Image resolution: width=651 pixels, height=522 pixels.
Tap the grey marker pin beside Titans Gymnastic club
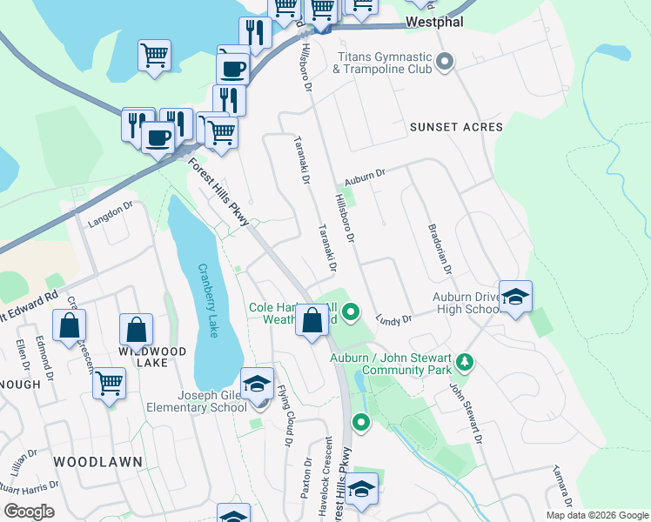click(x=446, y=61)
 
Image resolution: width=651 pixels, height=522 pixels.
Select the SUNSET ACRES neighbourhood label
click(x=456, y=127)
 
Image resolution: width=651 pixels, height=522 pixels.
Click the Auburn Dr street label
click(x=364, y=174)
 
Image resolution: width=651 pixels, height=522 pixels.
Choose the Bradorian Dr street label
click(x=439, y=250)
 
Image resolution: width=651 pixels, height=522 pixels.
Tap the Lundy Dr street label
click(x=393, y=319)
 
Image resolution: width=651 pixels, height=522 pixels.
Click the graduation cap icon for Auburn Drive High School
click(x=515, y=296)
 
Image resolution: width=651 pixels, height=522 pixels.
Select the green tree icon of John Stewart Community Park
click(x=465, y=361)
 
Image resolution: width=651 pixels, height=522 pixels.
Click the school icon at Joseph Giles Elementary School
click(x=257, y=384)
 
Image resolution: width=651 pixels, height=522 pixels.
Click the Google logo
click(x=29, y=512)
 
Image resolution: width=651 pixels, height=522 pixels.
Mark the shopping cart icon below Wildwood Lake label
click(x=109, y=381)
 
